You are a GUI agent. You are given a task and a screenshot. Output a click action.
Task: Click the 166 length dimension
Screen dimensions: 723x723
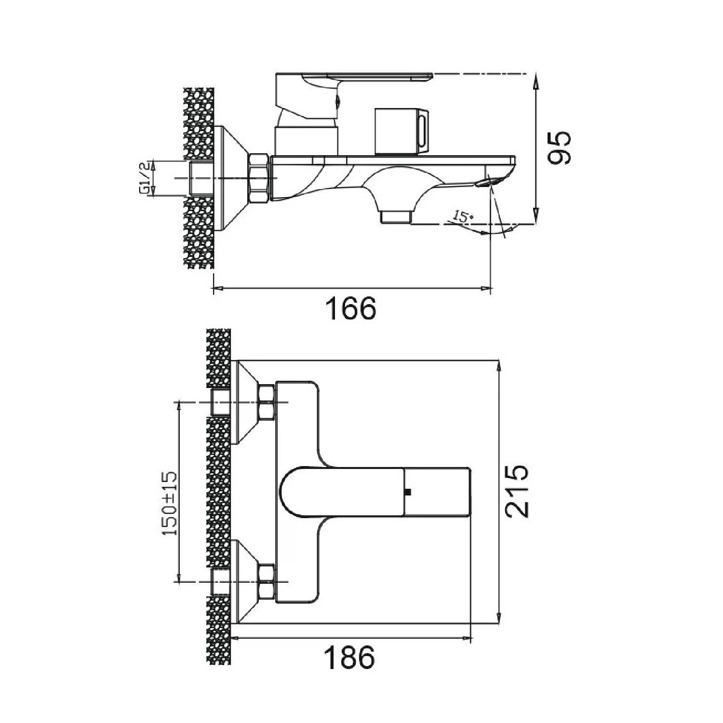point(350,308)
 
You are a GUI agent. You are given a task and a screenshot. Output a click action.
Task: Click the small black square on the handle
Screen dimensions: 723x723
point(408,492)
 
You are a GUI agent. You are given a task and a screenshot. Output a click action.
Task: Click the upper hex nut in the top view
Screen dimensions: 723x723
point(267,402)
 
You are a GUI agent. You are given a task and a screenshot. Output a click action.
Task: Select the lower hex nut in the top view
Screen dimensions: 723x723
point(267,582)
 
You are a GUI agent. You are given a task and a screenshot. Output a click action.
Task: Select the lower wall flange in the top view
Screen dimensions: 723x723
point(243,582)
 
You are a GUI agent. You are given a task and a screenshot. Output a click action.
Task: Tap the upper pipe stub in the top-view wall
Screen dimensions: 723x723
point(220,402)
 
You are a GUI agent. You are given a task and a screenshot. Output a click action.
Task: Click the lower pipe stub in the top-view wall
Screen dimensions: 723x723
point(220,582)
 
